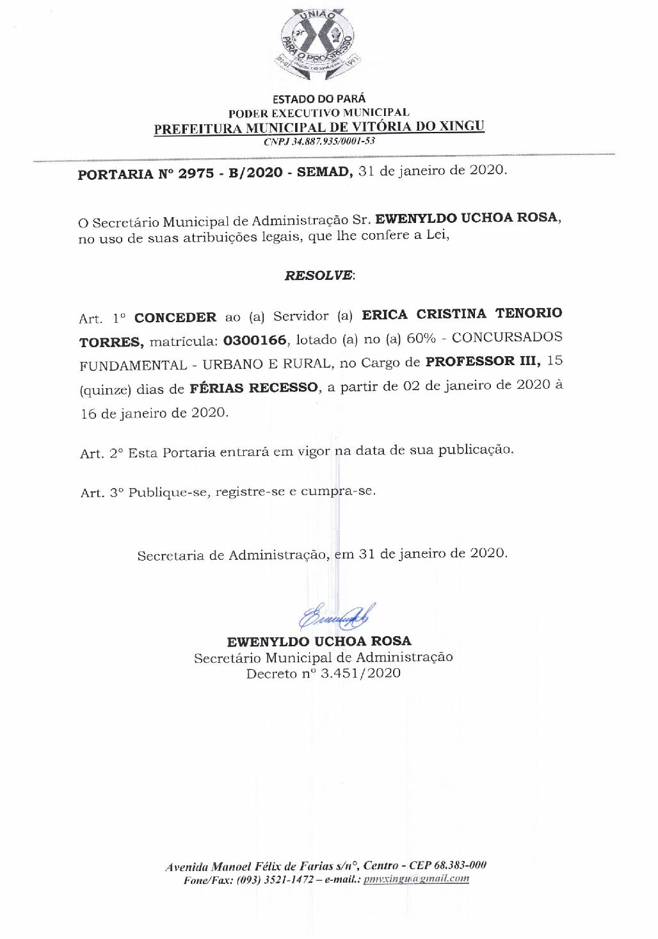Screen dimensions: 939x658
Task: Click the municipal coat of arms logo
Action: coord(319,43)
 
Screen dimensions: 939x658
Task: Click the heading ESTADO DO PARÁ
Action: coord(319,99)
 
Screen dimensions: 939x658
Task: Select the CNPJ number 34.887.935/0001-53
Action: coord(333,142)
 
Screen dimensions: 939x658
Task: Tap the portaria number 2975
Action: coord(196,174)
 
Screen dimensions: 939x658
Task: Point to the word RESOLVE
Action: coord(318,275)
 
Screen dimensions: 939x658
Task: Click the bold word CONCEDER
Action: coord(175,318)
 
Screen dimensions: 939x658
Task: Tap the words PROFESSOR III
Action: coord(483,361)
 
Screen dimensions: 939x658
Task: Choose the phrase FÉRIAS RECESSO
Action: coord(253,388)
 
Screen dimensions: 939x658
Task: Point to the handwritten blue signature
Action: coord(337,617)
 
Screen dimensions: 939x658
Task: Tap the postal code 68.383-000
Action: coord(460,865)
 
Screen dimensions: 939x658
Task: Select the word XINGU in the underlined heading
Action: coord(461,126)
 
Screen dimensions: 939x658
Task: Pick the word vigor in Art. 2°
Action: coord(314,451)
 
